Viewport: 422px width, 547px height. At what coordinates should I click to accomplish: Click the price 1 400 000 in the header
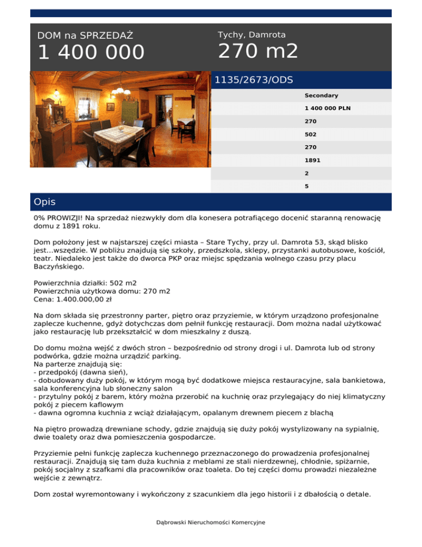click(91, 53)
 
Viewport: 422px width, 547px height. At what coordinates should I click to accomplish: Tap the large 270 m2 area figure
click(258, 51)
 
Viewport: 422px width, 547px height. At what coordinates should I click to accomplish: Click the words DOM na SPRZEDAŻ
click(85, 36)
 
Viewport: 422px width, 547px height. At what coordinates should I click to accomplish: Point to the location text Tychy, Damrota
click(252, 35)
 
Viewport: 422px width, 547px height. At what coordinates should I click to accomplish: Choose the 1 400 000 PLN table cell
click(327, 108)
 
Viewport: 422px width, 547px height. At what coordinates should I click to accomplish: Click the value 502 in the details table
click(310, 134)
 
